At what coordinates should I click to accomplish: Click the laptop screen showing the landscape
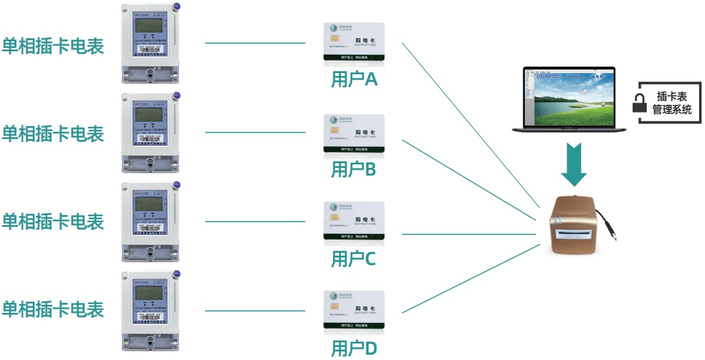click(568, 96)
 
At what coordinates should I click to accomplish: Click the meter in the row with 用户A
click(150, 45)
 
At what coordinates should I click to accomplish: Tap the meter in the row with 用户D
click(150, 311)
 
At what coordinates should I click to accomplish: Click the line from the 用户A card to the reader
click(471, 127)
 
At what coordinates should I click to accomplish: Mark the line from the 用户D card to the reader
click(471, 279)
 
